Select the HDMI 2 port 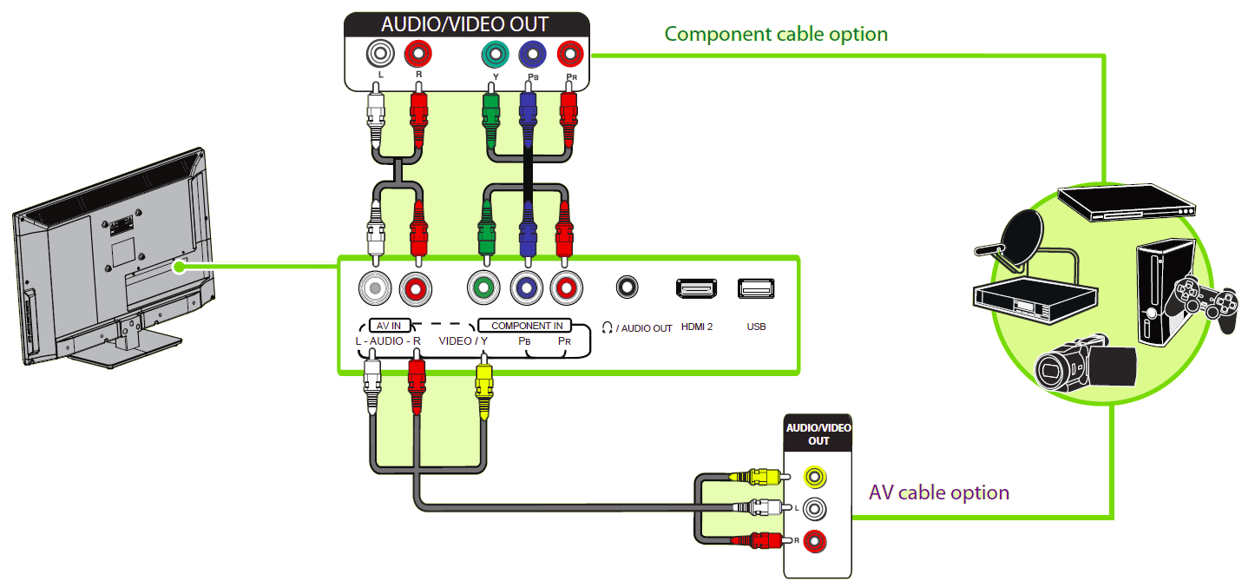(x=697, y=288)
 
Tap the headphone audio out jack (x=627, y=286)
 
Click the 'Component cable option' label (x=776, y=34)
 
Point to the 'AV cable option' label (x=939, y=492)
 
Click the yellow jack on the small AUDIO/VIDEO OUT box (x=814, y=476)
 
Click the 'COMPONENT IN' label (x=527, y=326)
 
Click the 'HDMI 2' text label (x=697, y=327)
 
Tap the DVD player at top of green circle (x=1127, y=202)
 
